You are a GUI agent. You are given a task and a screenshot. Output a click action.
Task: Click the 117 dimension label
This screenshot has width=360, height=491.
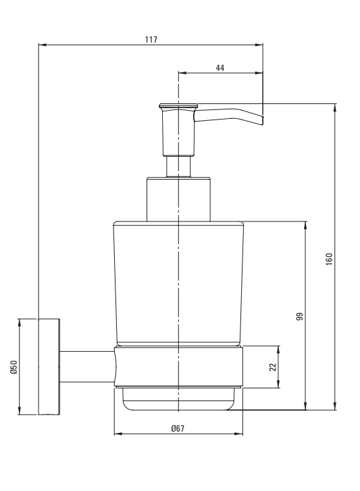point(151,40)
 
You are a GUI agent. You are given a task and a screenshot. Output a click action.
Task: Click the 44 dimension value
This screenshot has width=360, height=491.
point(220,68)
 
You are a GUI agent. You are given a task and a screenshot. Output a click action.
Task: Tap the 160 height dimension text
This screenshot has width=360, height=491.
point(329,259)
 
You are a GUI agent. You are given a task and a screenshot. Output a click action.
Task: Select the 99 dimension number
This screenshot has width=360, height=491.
point(300,316)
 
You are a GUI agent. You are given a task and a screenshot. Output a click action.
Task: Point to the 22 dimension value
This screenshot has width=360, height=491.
point(273,367)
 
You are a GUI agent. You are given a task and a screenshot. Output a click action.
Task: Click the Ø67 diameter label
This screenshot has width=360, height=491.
point(178,428)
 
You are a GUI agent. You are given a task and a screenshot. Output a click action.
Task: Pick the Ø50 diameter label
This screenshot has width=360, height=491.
point(14,367)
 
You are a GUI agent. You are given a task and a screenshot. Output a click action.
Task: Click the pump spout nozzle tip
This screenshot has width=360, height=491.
point(262,121)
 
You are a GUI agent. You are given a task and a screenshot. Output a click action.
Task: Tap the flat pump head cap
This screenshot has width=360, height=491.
point(178,106)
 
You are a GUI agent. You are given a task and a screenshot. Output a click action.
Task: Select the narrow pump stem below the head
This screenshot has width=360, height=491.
point(178,167)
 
